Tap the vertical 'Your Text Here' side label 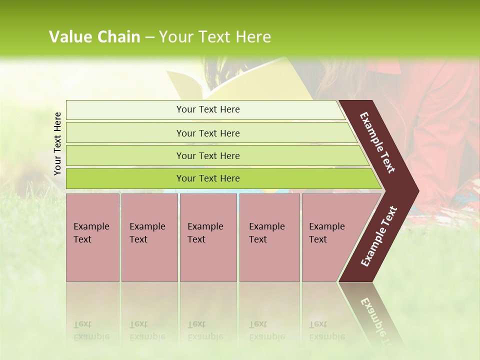pyautogui.click(x=57, y=143)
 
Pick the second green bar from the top pyautogui.click(x=208, y=133)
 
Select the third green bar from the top pyautogui.click(x=208, y=155)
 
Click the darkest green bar pyautogui.click(x=208, y=178)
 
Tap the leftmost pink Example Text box pyautogui.click(x=92, y=237)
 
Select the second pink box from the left pyautogui.click(x=149, y=237)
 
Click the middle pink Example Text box pyautogui.click(x=208, y=237)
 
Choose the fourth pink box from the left pyautogui.click(x=269, y=237)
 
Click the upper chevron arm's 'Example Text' pyautogui.click(x=378, y=143)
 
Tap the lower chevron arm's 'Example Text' pyautogui.click(x=379, y=236)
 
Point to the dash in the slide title pyautogui.click(x=149, y=37)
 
